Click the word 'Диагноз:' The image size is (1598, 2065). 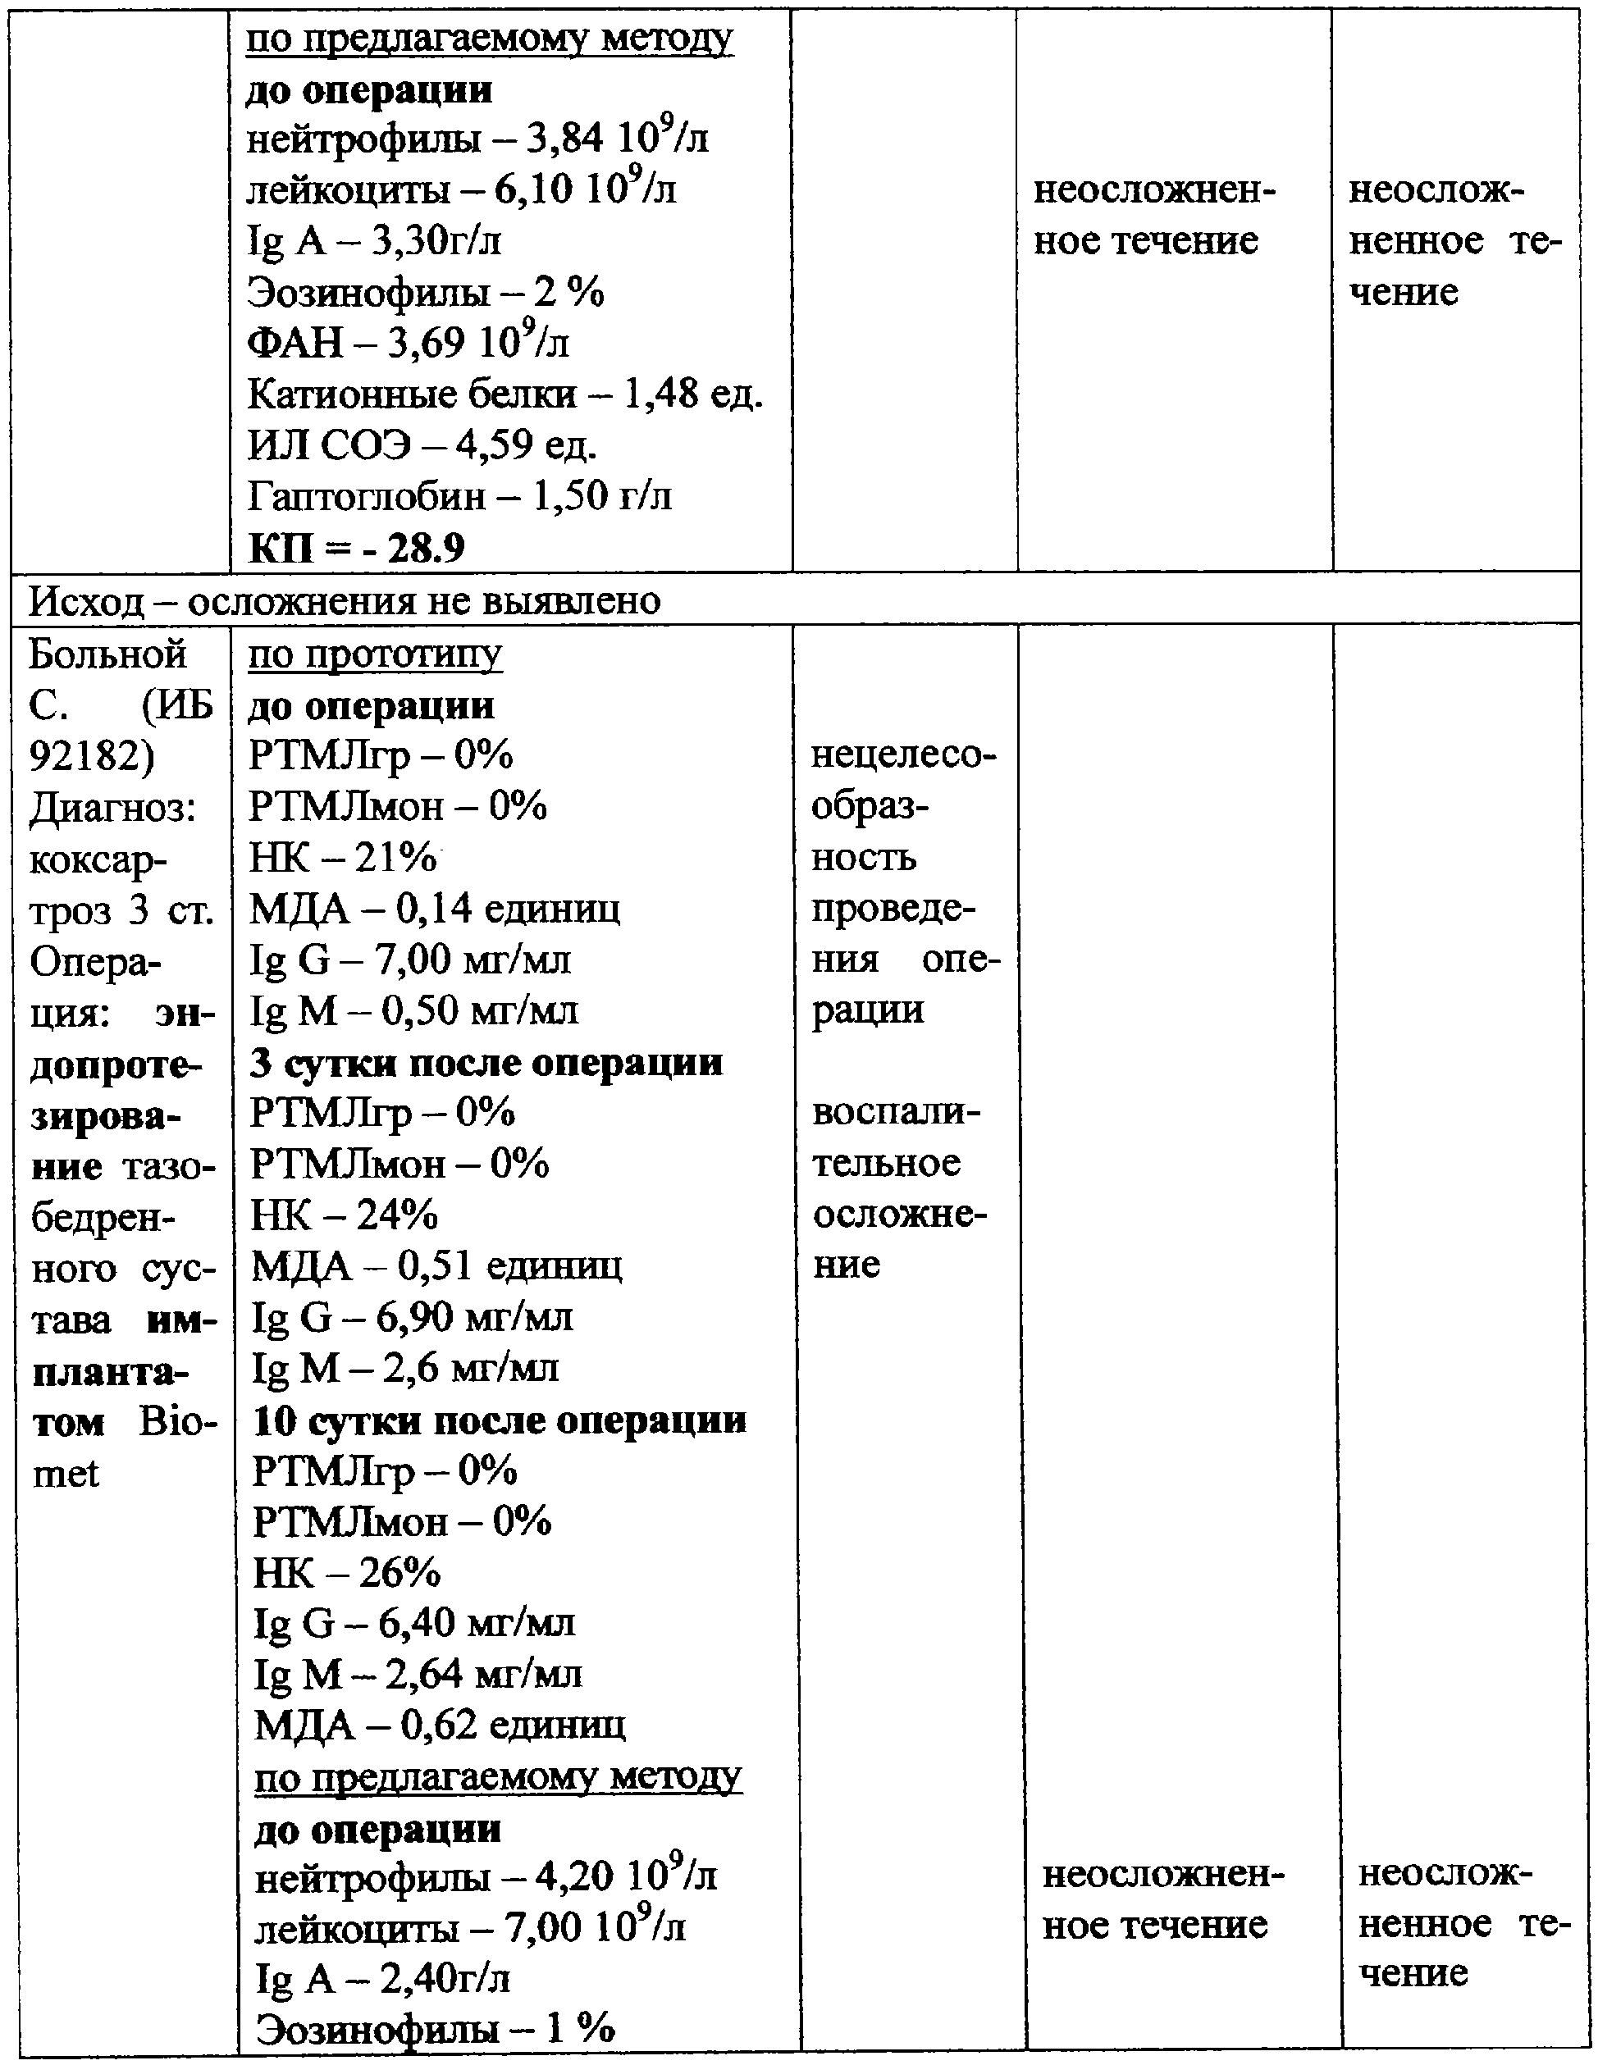112,808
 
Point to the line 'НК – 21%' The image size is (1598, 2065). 342,858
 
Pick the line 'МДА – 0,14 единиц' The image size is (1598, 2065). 434,909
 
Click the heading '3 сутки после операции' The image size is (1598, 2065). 486,1063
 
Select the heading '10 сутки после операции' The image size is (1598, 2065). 500,1420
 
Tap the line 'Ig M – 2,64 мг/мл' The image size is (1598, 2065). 417,1675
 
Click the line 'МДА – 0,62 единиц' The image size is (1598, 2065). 439,1725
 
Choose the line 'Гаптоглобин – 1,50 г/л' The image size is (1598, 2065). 459,495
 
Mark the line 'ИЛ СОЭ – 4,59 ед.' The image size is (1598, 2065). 422,444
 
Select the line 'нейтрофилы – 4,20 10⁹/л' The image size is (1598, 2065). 485,1876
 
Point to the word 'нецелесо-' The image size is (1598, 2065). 903,756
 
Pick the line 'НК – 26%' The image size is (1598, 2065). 346,1572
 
